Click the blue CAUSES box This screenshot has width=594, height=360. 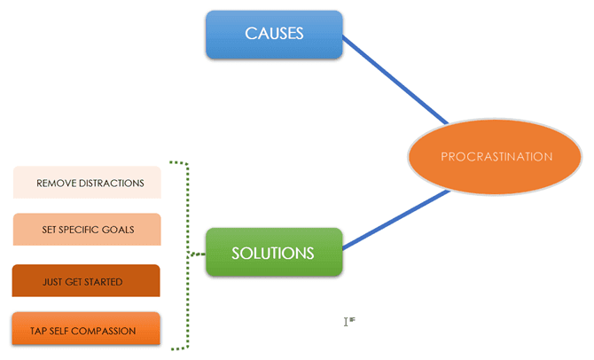(274, 35)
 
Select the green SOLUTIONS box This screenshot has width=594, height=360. (273, 253)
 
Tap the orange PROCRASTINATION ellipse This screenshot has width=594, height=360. (496, 157)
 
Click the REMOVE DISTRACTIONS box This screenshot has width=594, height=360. (87, 183)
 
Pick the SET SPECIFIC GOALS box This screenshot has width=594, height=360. (87, 229)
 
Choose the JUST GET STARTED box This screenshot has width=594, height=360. (87, 281)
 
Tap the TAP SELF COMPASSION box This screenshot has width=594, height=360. (87, 330)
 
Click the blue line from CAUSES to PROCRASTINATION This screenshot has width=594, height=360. (395, 80)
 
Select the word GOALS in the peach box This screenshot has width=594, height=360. (119, 230)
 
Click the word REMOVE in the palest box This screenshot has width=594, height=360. (54, 184)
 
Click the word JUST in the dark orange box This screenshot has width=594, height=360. (52, 282)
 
